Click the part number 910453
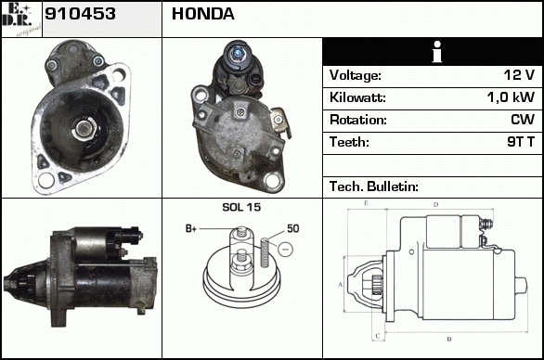click(x=80, y=14)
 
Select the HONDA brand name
click(x=203, y=14)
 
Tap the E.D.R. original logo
click(x=21, y=19)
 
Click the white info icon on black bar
click(x=437, y=52)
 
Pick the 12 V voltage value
click(x=519, y=74)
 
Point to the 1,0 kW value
click(x=511, y=97)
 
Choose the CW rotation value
click(x=523, y=120)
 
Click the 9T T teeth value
click(x=521, y=142)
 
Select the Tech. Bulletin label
click(x=374, y=186)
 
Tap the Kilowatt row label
click(x=357, y=97)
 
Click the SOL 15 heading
click(x=241, y=207)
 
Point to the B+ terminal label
click(x=191, y=228)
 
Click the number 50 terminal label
click(x=292, y=228)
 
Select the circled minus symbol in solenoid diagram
click(x=285, y=249)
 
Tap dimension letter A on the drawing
click(x=341, y=285)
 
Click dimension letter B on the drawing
click(x=449, y=339)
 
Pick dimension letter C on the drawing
click(x=378, y=336)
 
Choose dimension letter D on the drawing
click(x=436, y=205)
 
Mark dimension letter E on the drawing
click(x=366, y=203)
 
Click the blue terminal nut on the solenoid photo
click(x=238, y=54)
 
